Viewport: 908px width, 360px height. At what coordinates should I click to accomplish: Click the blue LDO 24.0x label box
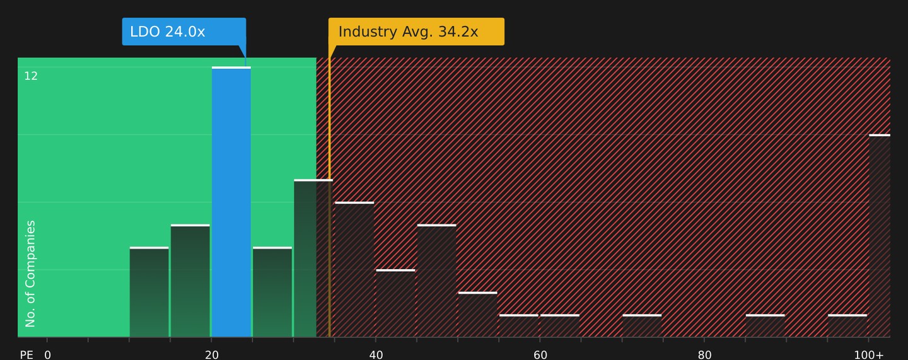184,32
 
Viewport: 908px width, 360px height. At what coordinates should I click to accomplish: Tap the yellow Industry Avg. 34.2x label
416,32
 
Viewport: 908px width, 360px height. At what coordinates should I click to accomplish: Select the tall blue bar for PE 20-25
231,202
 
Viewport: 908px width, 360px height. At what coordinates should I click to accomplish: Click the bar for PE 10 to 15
149,292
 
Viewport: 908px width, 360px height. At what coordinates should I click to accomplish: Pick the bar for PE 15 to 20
190,281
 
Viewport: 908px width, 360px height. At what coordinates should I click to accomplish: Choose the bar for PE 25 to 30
272,292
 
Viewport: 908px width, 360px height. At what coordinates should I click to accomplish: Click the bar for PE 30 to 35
313,258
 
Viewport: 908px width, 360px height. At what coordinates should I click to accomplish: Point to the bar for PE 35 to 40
354,269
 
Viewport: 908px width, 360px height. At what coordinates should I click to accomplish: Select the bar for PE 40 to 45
395,303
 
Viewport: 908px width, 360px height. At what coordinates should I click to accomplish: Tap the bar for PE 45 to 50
436,281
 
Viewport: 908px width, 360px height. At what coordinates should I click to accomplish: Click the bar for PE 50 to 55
477,314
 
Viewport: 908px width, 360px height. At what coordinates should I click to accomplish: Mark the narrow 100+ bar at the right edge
880,236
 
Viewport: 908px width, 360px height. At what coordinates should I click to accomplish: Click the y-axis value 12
31,76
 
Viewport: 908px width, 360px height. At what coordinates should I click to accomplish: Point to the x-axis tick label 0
47,355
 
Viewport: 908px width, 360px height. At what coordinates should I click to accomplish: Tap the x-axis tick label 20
212,355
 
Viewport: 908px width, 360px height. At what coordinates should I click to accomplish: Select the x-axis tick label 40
376,355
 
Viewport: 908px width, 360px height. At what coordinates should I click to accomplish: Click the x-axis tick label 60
540,355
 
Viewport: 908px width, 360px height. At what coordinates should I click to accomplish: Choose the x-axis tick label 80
704,355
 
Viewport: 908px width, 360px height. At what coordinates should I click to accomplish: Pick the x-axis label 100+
869,355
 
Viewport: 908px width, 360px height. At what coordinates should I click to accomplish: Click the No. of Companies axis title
30,274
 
